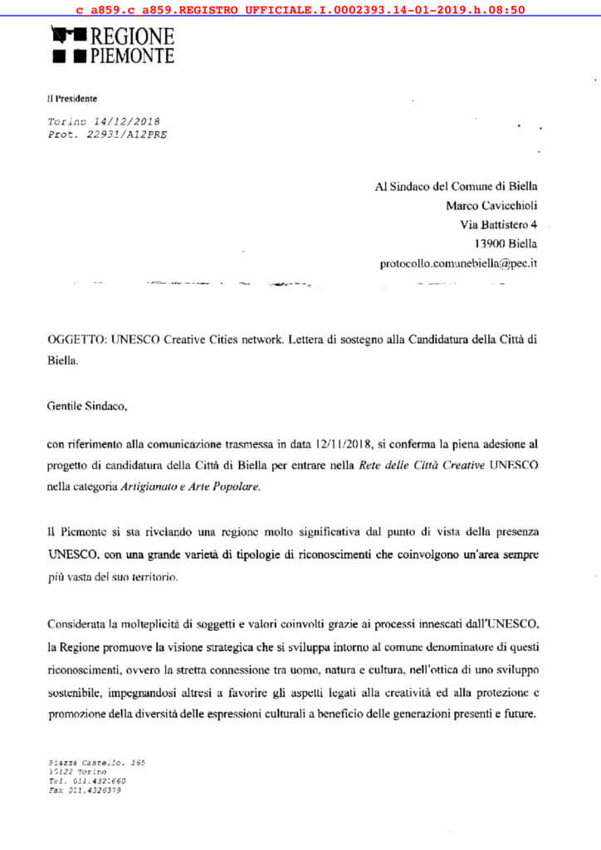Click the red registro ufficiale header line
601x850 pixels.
click(300, 10)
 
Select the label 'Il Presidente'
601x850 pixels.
click(72, 99)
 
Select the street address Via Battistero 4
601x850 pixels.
click(498, 224)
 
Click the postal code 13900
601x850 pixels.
click(491, 244)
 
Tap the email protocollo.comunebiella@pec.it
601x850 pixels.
click(459, 263)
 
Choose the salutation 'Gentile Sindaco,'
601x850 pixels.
click(89, 408)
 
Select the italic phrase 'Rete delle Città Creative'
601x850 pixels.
click(422, 466)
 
